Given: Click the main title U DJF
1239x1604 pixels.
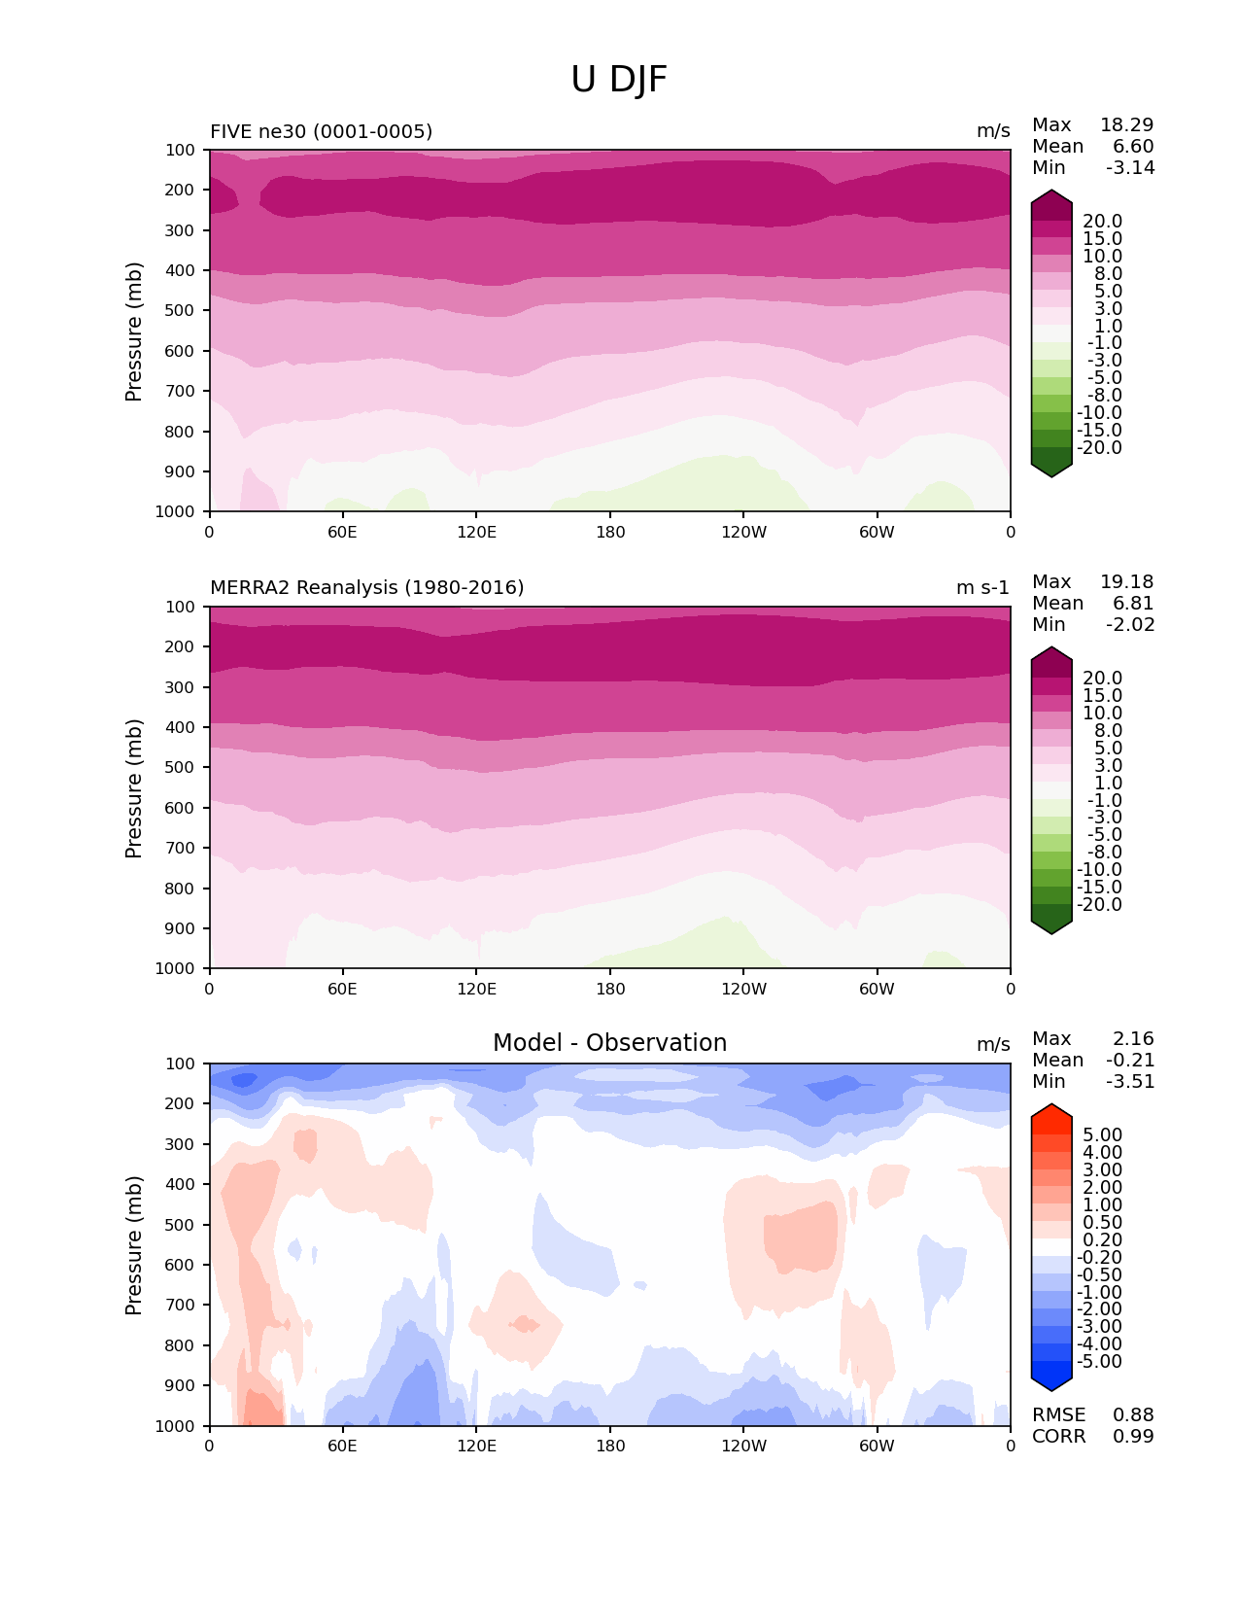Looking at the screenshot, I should click(x=619, y=80).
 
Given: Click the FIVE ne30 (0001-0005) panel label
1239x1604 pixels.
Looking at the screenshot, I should click(x=321, y=131).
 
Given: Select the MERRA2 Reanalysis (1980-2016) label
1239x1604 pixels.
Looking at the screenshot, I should click(x=366, y=587).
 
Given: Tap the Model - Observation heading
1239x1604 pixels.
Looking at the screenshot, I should click(x=609, y=1043).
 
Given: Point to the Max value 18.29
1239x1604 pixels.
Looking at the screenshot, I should click(x=1126, y=124).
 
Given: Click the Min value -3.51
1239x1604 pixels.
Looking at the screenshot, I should click(x=1130, y=1081).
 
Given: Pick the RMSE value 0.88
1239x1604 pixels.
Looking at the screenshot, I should click(x=1133, y=1414).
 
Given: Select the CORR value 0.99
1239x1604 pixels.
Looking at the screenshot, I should click(x=1133, y=1436).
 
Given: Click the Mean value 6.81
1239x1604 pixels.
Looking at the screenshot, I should click(x=1133, y=603).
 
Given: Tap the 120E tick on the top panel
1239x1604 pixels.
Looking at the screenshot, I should click(x=476, y=532).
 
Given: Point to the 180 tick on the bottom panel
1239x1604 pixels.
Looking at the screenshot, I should click(x=610, y=1446).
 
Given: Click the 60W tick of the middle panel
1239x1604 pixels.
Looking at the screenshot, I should click(x=877, y=989).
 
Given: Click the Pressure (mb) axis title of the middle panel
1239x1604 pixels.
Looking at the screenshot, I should click(x=134, y=787).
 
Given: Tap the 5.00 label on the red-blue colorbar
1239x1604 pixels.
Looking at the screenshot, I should click(x=1102, y=1134).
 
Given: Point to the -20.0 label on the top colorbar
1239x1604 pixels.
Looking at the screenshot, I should click(x=1100, y=447).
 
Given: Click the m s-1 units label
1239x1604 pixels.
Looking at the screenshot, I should click(x=982, y=587).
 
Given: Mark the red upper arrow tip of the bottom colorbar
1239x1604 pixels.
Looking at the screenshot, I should click(x=1051, y=1110).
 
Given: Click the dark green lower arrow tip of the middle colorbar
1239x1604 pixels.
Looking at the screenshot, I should click(x=1051, y=927).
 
